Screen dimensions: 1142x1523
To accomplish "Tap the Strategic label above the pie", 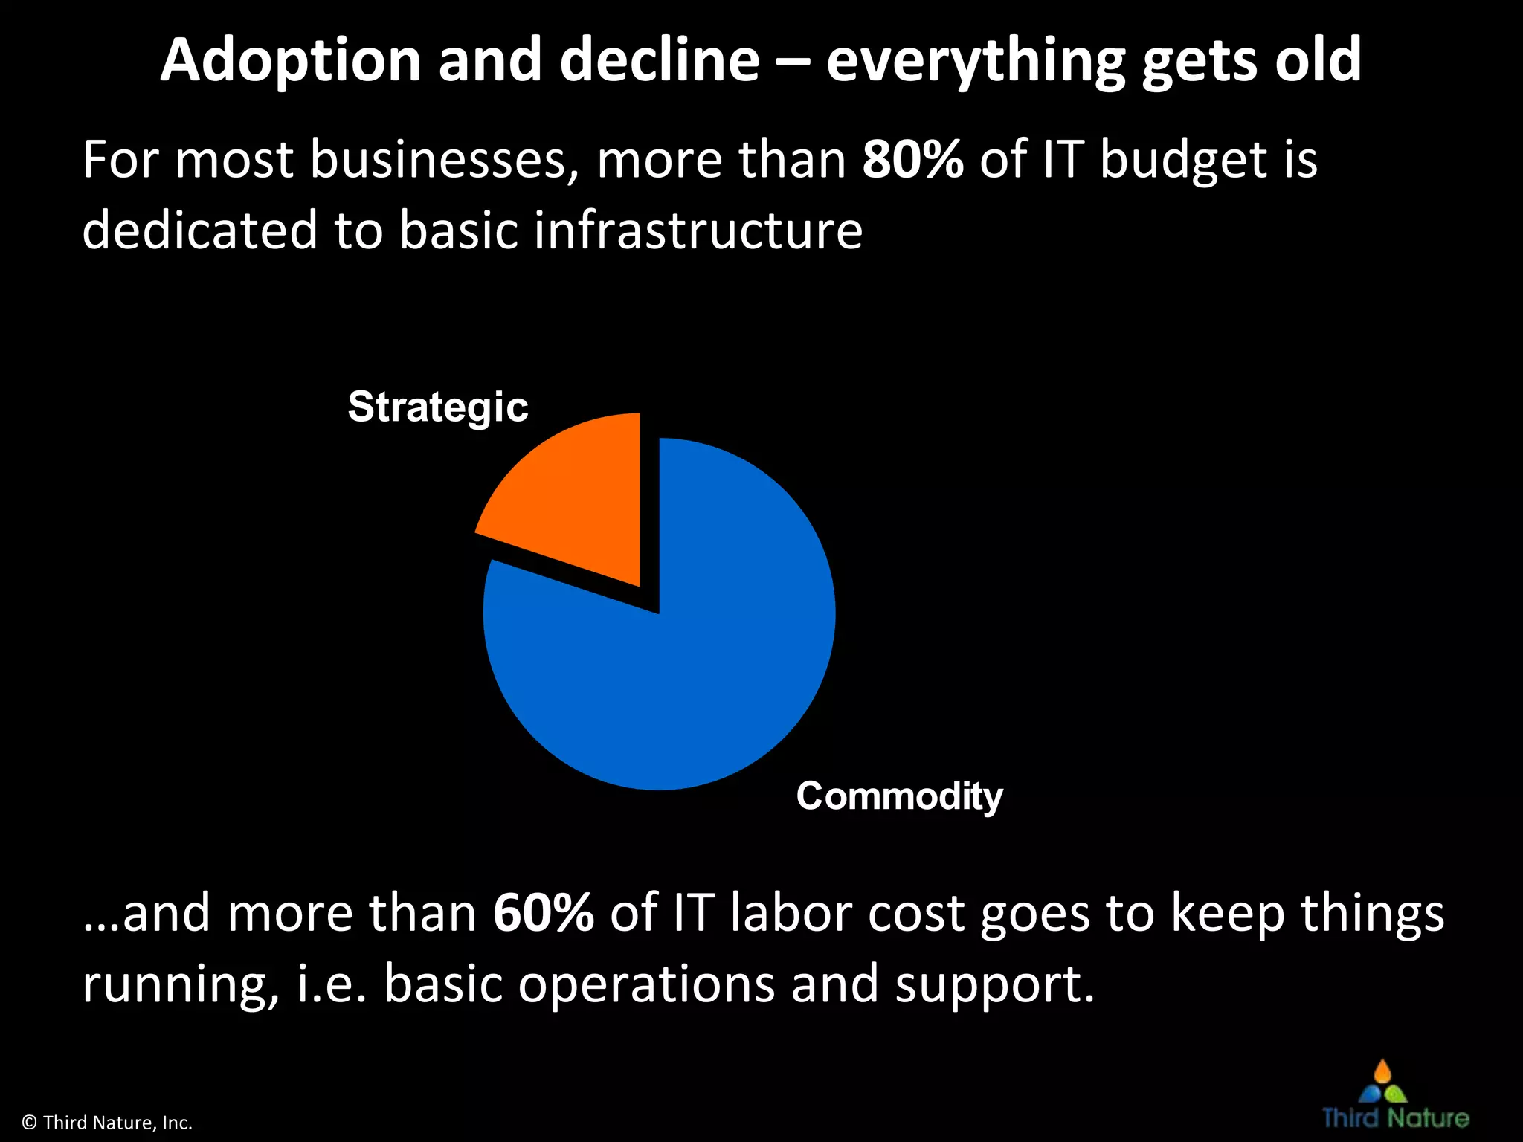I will point(438,407).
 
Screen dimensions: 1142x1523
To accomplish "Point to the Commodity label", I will point(899,796).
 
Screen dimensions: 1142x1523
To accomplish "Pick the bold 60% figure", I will point(543,912).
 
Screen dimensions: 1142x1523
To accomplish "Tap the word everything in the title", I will point(975,61).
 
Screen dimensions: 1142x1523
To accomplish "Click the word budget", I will point(1183,161).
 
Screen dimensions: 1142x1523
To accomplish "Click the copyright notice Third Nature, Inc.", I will point(108,1123).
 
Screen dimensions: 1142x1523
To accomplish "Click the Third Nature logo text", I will point(1395,1118).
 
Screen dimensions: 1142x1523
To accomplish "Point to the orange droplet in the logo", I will point(1382,1072).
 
